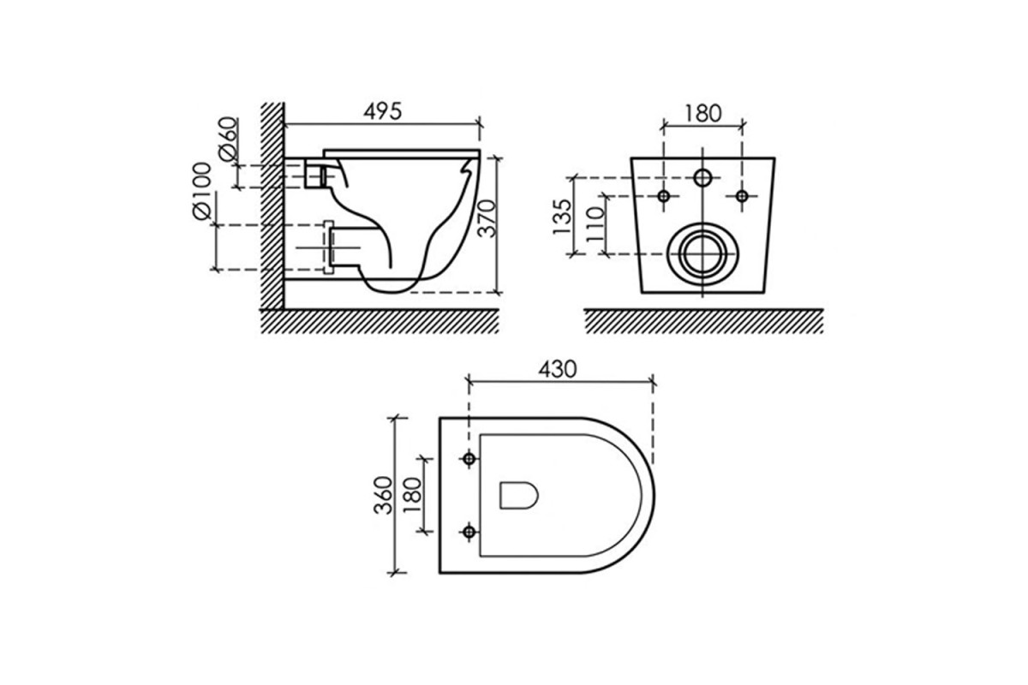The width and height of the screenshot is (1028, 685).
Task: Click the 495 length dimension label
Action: (x=383, y=111)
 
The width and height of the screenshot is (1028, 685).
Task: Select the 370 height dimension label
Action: (x=487, y=218)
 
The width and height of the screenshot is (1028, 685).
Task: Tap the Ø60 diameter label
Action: (x=229, y=139)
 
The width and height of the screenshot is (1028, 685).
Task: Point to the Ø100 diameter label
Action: (x=201, y=191)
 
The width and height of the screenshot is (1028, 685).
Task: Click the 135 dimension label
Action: (x=562, y=217)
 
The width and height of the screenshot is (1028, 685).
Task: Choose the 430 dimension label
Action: (x=557, y=369)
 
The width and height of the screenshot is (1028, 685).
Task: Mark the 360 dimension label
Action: (x=383, y=496)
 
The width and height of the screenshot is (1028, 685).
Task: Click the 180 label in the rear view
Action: (x=702, y=113)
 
